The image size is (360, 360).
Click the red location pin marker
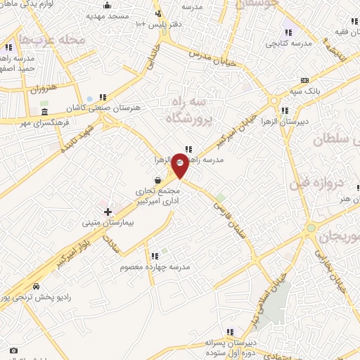(180, 164)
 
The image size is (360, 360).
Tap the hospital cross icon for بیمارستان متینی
(108, 212)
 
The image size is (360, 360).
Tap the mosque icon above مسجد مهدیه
(107, 5)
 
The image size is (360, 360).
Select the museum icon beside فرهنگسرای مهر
(45, 112)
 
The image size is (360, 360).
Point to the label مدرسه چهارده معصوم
(155, 266)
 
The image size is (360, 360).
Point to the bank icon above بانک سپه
(304, 80)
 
